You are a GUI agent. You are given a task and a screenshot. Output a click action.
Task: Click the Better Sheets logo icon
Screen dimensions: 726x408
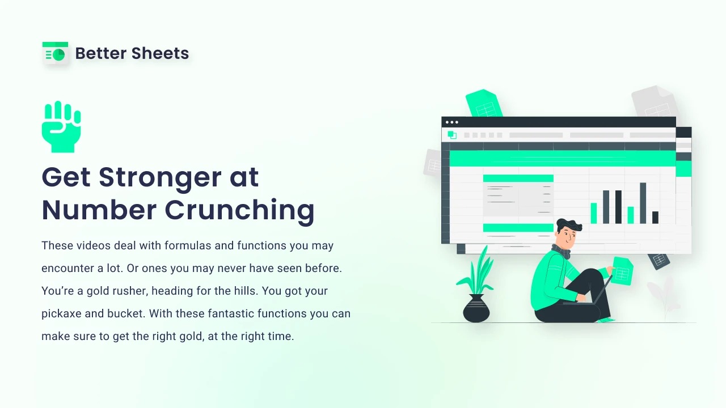[56, 53]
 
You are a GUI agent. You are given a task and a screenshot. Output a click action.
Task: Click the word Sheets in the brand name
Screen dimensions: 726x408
[160, 53]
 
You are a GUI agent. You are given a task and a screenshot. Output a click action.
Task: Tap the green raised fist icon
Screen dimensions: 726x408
[61, 126]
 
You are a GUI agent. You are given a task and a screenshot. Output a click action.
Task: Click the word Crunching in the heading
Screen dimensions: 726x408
[239, 211]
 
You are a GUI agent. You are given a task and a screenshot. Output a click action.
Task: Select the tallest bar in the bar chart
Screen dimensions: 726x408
[643, 203]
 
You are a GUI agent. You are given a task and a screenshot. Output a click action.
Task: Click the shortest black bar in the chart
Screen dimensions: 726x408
[655, 217]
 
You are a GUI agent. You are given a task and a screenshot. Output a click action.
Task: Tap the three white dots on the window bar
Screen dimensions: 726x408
[452, 122]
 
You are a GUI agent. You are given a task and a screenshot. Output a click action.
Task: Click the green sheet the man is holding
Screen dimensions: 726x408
[622, 271]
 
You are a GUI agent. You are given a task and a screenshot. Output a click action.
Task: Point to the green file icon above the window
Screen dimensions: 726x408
[484, 103]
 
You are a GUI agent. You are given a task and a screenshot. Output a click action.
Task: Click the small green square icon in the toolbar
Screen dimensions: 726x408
[452, 135]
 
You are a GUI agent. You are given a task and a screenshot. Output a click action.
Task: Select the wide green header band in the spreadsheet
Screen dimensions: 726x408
[563, 158]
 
